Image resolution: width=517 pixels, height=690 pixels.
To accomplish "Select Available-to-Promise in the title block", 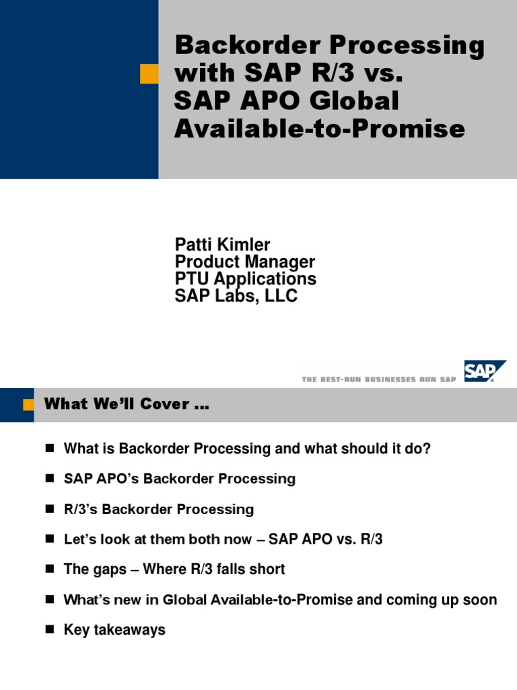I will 319,129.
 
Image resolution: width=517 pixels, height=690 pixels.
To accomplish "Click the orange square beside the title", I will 149,74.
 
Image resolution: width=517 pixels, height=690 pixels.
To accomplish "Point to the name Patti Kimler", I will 222,245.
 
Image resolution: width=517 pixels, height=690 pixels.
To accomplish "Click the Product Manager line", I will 244,261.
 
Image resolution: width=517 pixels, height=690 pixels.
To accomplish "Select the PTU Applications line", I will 245,278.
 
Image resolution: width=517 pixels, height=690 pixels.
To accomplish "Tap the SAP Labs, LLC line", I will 236,296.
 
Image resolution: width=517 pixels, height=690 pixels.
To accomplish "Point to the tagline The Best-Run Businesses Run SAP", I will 379,379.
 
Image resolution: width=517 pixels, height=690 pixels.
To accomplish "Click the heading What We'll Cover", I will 127,405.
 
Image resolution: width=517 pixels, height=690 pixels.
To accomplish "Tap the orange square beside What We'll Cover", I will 28,405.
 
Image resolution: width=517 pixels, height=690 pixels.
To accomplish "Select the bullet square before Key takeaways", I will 49,630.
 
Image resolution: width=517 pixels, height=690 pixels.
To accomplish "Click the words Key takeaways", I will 114,630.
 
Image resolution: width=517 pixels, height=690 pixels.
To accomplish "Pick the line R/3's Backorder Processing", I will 159,509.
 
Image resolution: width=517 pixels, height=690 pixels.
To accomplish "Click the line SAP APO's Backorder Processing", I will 180,479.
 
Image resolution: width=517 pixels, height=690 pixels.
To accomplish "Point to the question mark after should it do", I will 427,449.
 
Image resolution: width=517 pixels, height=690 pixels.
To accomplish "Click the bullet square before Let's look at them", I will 49,540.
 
